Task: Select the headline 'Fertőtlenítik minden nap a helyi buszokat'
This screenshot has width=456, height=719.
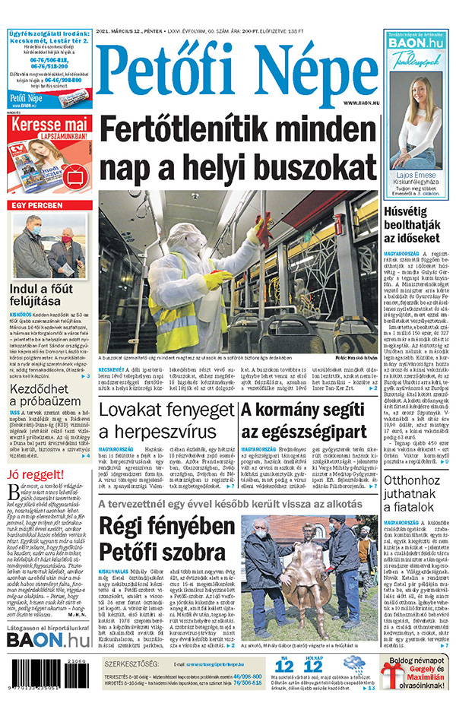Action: tap(238, 147)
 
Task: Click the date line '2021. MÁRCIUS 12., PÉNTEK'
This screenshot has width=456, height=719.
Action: tap(131, 33)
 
